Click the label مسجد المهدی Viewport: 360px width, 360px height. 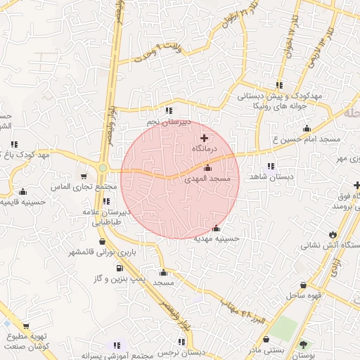pyautogui.click(x=207, y=180)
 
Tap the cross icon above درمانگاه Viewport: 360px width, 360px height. pyautogui.click(x=205, y=139)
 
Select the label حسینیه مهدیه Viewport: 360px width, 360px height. pyautogui.click(x=217, y=238)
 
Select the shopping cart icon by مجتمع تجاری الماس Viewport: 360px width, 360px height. pyautogui.click(x=84, y=176)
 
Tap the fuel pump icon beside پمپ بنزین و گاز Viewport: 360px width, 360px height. pyautogui.click(x=119, y=268)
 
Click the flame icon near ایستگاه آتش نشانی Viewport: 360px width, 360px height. pyautogui.click(x=333, y=234)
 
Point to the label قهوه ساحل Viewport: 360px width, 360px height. pyautogui.click(x=302, y=295)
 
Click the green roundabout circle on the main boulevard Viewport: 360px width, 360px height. pyautogui.click(x=103, y=168)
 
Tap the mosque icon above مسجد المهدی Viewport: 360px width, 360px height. pyautogui.click(x=207, y=168)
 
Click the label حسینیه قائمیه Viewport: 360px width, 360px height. pyautogui.click(x=21, y=202)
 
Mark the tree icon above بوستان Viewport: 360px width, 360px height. pyautogui.click(x=303, y=345)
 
